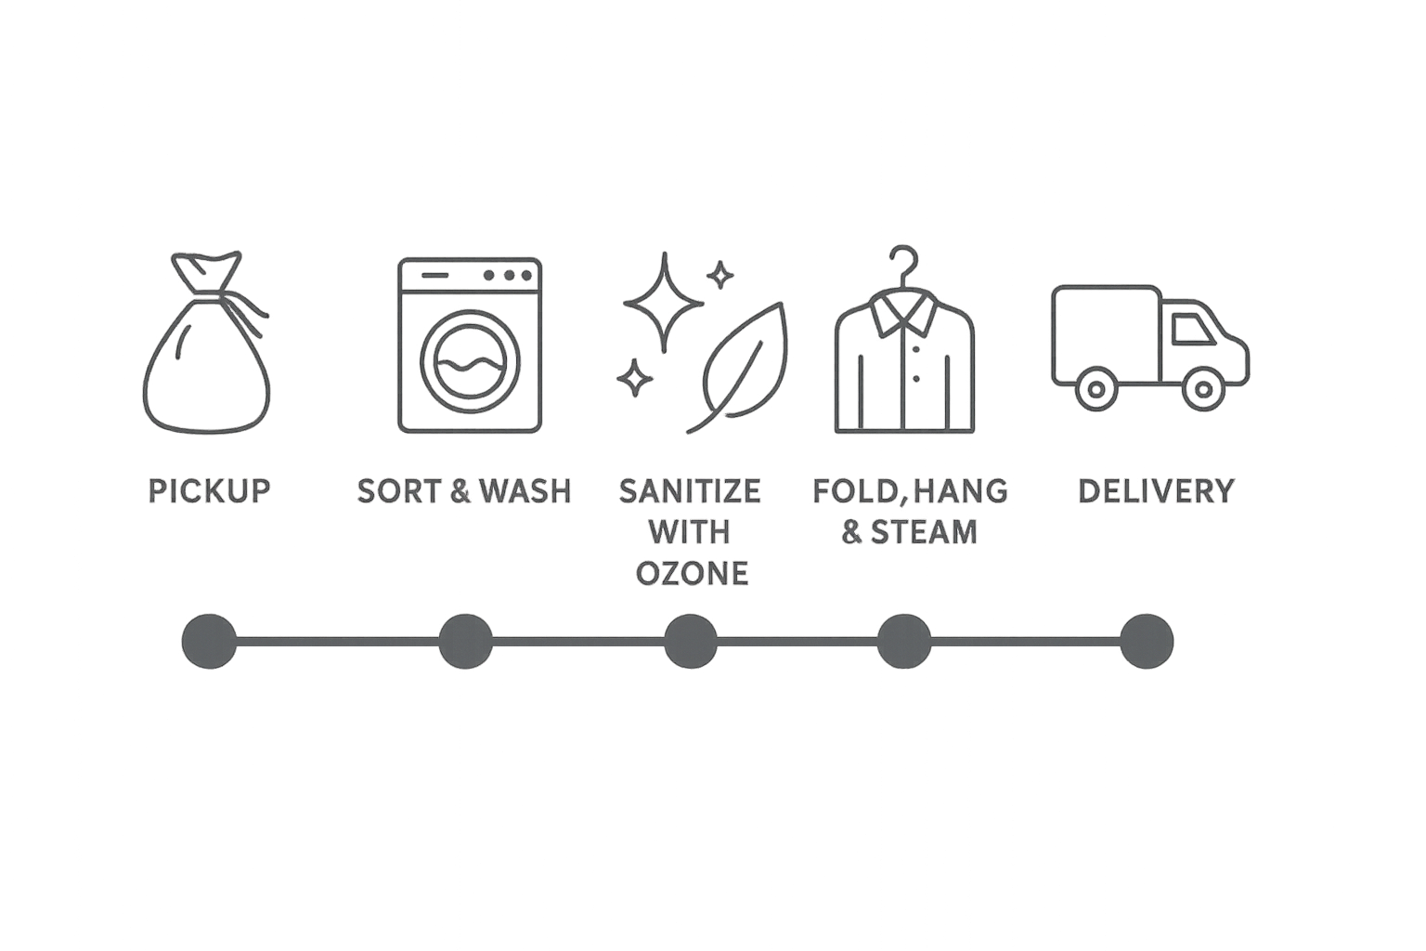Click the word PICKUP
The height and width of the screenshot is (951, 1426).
209,490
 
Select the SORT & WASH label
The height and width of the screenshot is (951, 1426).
464,490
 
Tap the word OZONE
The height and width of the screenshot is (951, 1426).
692,573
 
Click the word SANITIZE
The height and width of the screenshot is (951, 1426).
690,490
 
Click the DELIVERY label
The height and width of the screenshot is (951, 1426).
1156,490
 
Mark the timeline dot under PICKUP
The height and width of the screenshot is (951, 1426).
209,641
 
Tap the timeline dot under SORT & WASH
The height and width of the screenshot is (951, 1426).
465,641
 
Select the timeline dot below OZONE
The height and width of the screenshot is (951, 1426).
690,641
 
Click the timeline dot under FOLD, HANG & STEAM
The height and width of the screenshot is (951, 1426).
903,641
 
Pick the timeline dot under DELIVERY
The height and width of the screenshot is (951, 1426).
1147,641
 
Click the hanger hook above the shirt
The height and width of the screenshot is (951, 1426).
901,262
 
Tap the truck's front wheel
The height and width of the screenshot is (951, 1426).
1201,388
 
